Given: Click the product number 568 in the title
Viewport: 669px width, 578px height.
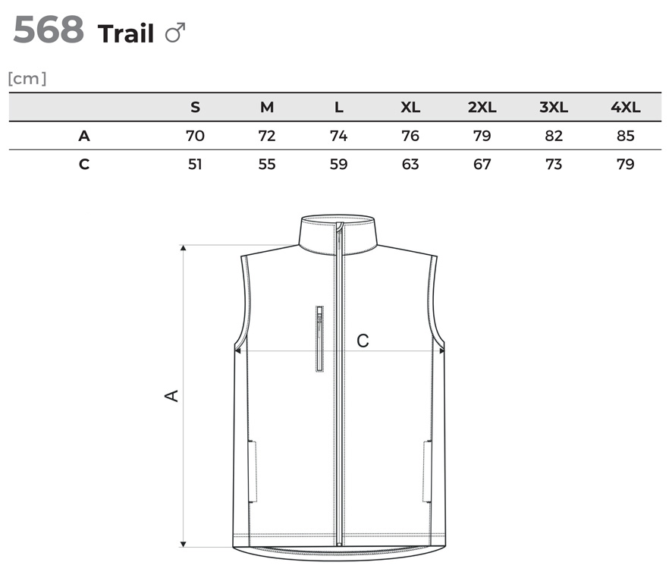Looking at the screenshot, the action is coord(49,30).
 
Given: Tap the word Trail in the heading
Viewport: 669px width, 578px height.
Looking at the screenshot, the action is coord(126,33).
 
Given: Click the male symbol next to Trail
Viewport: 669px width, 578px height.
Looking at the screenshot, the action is coord(175,33).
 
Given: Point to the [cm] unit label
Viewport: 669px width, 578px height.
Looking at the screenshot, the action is coord(27,79).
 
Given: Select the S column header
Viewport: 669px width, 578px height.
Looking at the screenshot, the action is coord(195,107).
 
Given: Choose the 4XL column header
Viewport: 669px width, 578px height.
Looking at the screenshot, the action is coord(626,107).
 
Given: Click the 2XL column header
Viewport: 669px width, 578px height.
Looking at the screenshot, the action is coord(482,107).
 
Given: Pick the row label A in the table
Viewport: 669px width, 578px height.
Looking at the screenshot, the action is coord(84,136).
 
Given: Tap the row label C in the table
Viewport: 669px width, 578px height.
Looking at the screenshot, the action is coord(84,165).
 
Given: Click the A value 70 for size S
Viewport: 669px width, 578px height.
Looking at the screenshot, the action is coord(195,136).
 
